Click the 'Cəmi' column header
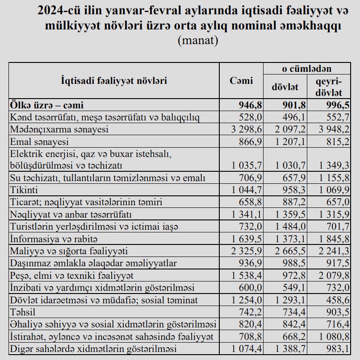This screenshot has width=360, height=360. tap(241, 81)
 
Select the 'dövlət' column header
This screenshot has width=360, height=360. tap(285, 87)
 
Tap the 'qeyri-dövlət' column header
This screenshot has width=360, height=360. tap(329, 87)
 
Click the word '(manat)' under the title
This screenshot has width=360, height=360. tap(198, 41)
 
